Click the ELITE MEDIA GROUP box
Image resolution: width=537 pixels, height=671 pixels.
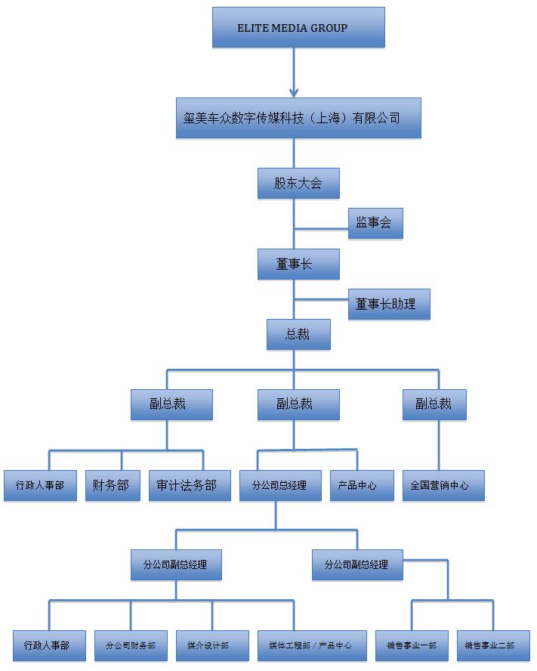point(298,27)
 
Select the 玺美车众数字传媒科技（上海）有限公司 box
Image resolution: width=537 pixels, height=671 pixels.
point(298,118)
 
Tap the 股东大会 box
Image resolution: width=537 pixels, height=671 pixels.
point(298,184)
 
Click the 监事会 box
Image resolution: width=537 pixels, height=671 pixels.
point(375,224)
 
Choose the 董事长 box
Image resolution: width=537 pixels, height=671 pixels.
point(298,264)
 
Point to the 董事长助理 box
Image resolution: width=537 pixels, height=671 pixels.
point(389,305)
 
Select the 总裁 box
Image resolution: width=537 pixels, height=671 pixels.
point(298,334)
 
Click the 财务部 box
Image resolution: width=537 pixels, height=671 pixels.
point(113,485)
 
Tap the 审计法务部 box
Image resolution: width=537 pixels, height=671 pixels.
point(190,485)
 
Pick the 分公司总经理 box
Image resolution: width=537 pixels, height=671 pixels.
point(280,485)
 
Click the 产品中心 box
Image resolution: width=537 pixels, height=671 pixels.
point(362,485)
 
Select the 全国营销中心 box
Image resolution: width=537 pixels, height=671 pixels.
point(443,485)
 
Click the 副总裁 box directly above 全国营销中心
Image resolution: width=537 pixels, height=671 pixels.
point(434,404)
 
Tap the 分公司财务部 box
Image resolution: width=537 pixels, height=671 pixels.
point(131,645)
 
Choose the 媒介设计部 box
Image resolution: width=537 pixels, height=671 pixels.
point(212,645)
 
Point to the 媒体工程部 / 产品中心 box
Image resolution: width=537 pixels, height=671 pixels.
point(312,645)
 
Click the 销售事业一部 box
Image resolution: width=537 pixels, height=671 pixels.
point(412,645)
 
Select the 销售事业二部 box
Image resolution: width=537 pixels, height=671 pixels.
point(493,645)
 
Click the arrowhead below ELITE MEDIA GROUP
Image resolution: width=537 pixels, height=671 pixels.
point(294,93)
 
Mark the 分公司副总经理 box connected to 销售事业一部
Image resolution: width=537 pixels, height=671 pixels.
point(357,565)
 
